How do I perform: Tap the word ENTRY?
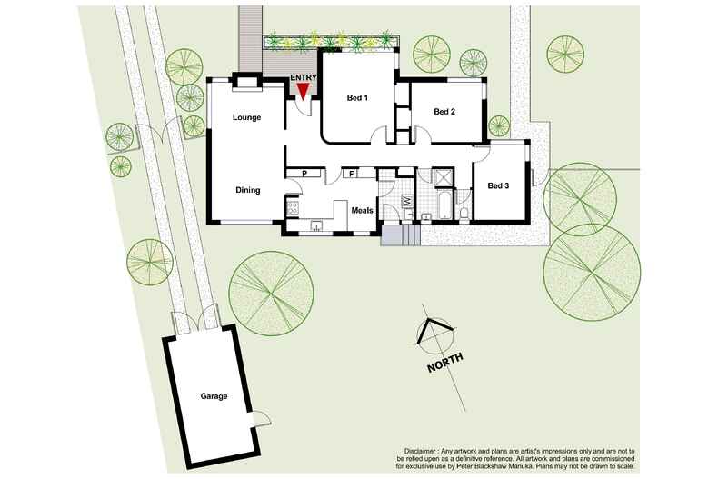pos(303,77)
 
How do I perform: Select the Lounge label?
pos(246,117)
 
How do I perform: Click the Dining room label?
pos(248,190)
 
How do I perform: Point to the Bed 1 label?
pos(356,98)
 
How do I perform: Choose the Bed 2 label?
pos(444,112)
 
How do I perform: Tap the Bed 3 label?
pos(498,186)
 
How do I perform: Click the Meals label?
pos(363,211)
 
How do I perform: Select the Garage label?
pos(214,396)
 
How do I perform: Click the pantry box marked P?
pos(304,173)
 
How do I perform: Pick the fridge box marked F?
pos(350,173)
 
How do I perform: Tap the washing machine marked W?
pos(408,201)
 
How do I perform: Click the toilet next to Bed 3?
pos(464,214)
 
